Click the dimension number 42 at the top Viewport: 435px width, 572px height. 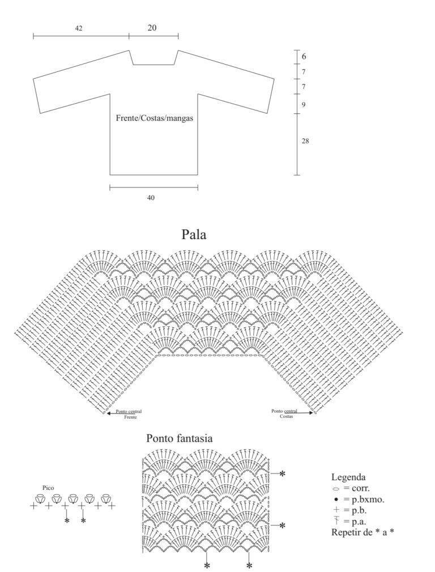[79, 28]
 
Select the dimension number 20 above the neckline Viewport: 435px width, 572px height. [152, 28]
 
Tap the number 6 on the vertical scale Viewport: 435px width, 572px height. [304, 57]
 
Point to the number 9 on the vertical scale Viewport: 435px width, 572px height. [304, 105]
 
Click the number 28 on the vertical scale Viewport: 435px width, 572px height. [305, 141]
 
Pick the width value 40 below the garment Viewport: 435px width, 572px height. [151, 198]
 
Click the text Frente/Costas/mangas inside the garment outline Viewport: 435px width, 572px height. [155, 118]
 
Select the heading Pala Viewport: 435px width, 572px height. [194, 234]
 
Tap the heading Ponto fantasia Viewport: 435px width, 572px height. [179, 438]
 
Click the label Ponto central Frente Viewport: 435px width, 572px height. [129, 413]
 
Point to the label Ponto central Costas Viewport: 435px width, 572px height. [285, 413]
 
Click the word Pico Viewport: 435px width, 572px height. [48, 488]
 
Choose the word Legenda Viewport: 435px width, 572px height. [348, 477]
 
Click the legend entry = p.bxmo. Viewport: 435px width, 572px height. [359, 500]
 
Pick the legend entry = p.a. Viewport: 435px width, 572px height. [349, 522]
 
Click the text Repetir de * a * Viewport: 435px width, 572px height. [362, 532]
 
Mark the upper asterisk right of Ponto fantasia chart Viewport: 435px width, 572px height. [282, 473]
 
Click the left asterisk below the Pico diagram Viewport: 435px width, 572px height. [66, 520]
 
